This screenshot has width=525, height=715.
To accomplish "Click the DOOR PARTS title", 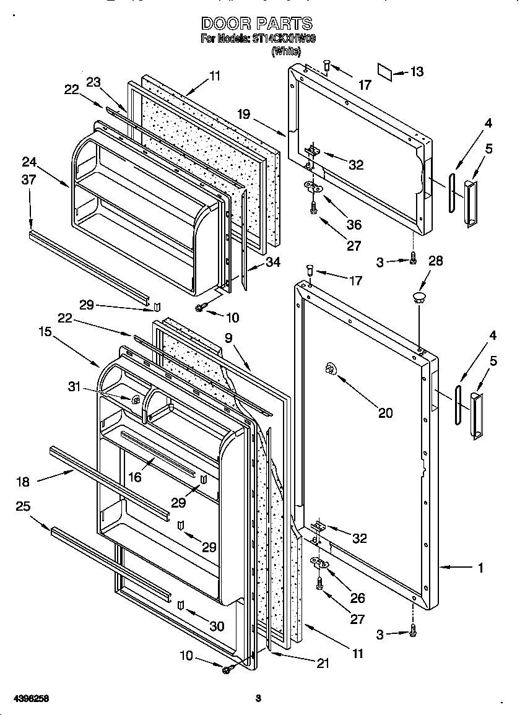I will click(258, 24).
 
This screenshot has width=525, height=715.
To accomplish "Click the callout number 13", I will click(417, 72).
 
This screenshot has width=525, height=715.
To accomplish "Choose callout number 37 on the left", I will click(28, 180).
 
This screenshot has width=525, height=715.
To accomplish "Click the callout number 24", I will click(28, 163).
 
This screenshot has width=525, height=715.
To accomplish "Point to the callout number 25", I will click(23, 506).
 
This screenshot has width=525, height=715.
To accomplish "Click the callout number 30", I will click(217, 626).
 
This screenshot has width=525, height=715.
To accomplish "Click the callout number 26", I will click(358, 598).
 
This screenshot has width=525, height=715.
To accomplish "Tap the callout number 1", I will click(481, 567).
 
